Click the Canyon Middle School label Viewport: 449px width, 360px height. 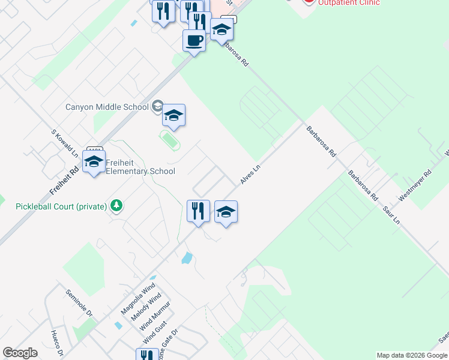pyautogui.click(x=107, y=107)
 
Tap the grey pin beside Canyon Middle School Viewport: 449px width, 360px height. pyautogui.click(x=157, y=107)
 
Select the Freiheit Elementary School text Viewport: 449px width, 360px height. pyautogui.click(x=140, y=167)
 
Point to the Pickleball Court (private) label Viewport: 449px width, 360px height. pyautogui.click(x=61, y=206)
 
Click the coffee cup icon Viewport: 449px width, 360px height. pyautogui.click(x=194, y=41)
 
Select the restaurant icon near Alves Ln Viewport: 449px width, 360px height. pyautogui.click(x=198, y=211)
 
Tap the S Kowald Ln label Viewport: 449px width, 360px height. pyautogui.click(x=64, y=143)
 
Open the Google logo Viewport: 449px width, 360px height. pyautogui.click(x=20, y=353)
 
